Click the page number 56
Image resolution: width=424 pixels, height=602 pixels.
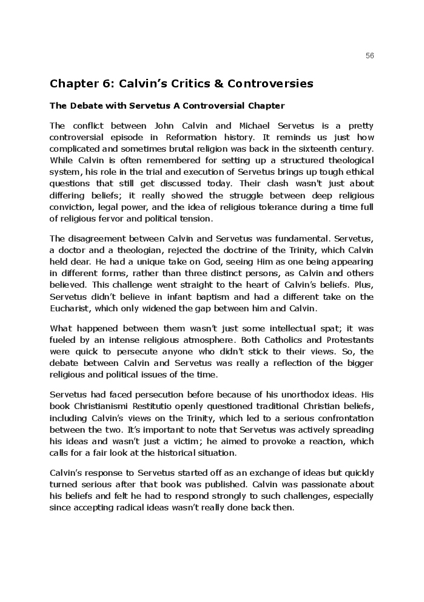tap(370, 56)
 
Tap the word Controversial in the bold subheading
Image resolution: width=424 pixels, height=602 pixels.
tap(209, 106)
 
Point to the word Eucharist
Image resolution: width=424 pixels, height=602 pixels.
tap(68, 308)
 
